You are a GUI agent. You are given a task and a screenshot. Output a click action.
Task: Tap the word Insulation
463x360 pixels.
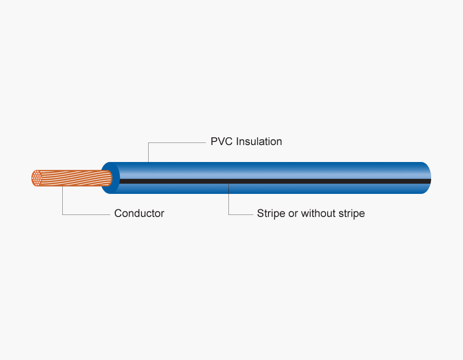click(259, 141)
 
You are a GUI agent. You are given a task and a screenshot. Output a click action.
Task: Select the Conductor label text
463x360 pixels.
click(139, 213)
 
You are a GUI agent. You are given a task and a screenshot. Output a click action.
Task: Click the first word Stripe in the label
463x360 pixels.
click(271, 213)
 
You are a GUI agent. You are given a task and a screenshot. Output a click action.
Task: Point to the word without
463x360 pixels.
click(319, 213)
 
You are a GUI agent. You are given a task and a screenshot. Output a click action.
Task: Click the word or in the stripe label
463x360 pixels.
click(293, 213)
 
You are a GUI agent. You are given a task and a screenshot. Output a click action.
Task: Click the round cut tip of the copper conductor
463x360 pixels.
click(37, 178)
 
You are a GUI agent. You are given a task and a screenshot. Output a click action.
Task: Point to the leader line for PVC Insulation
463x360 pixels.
click(175, 142)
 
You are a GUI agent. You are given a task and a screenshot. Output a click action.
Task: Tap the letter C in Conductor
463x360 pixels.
click(118, 213)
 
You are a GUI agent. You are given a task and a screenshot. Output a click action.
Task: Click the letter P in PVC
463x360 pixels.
click(214, 141)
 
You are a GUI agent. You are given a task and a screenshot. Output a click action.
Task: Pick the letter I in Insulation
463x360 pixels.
click(237, 141)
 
